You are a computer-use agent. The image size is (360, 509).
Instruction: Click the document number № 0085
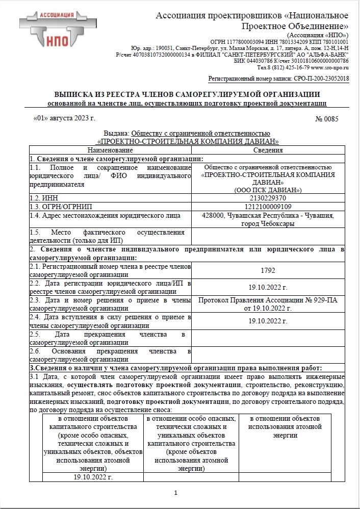pos(327,119)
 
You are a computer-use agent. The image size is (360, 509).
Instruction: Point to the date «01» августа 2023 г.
pos(64,119)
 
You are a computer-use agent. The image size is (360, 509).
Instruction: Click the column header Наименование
pos(110,150)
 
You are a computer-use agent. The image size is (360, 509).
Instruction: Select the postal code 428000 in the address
pos(213,216)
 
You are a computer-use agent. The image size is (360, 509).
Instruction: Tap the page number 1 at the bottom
pos(175,493)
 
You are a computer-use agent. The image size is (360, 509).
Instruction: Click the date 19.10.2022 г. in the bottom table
pos(93,477)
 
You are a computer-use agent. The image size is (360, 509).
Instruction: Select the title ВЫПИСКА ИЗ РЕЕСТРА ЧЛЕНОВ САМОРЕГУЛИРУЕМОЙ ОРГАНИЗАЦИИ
pos(187,94)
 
